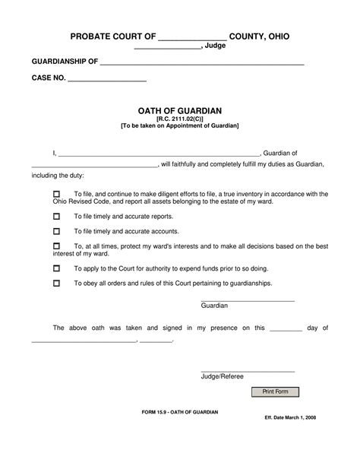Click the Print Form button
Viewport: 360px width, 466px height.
coord(276,392)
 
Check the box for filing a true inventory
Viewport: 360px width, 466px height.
coord(55,195)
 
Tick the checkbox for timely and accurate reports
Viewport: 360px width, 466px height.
coord(55,217)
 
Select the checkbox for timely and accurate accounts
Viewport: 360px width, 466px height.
coord(55,231)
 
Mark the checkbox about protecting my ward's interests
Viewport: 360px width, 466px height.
coord(55,246)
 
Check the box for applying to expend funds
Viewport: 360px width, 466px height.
coord(55,269)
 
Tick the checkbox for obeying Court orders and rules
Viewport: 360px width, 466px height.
coord(55,284)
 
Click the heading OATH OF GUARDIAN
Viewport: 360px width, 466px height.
coord(179,109)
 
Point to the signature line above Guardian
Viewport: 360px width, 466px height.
coord(247,301)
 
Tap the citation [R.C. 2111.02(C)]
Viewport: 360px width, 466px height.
coord(179,118)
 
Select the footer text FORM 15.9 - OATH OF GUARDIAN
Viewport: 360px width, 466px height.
coord(179,411)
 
